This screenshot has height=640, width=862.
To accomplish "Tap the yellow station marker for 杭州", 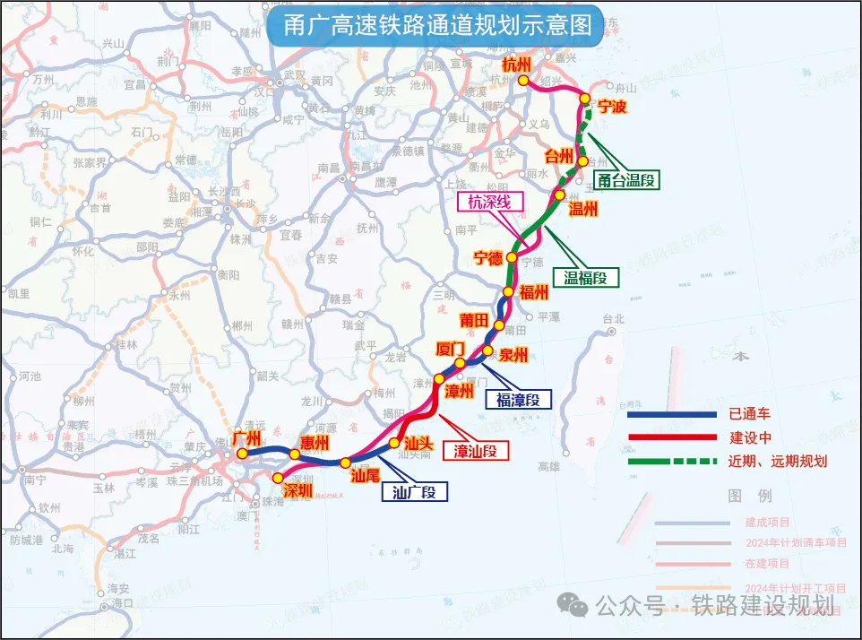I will pyautogui.click(x=523, y=81).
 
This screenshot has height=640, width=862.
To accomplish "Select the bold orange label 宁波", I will pyautogui.click(x=612, y=107).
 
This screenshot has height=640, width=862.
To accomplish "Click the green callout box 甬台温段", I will pyautogui.click(x=625, y=180).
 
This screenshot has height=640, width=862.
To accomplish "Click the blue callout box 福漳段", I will pyautogui.click(x=518, y=400).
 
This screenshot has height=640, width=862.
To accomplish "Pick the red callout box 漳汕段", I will pyautogui.click(x=476, y=450).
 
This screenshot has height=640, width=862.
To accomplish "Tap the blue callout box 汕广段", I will pyautogui.click(x=414, y=491).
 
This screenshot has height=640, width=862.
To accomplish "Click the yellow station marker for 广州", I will pyautogui.click(x=242, y=453).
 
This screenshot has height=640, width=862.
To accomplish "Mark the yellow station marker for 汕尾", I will pyautogui.click(x=346, y=463).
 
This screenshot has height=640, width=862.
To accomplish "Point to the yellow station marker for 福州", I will pyautogui.click(x=508, y=291).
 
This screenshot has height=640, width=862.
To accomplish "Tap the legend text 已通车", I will pyautogui.click(x=751, y=414).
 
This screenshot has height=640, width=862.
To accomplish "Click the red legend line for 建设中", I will pyautogui.click(x=672, y=437).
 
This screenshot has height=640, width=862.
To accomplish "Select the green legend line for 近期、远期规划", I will pyautogui.click(x=672, y=462).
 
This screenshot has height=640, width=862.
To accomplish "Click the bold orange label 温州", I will pyautogui.click(x=584, y=209).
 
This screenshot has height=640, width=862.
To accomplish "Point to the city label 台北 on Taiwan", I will pyautogui.click(x=613, y=318).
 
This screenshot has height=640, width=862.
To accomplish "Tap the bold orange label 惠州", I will pyautogui.click(x=315, y=442).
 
